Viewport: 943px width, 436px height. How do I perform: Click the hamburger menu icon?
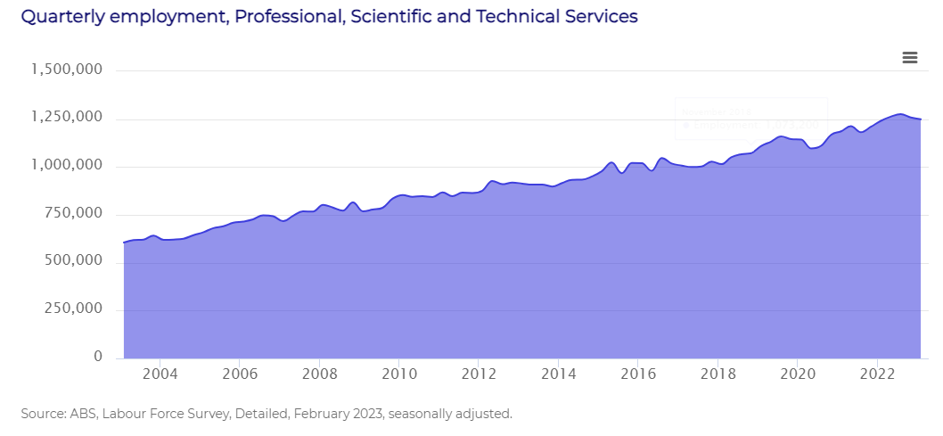(909, 58)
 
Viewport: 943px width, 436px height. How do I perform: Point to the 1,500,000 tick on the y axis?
(66, 70)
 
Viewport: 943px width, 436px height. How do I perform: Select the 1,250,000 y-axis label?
(66, 118)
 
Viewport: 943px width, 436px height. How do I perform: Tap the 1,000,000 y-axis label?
(66, 166)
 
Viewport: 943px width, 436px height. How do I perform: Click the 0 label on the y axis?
(98, 358)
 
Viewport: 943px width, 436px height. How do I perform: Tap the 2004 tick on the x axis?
(159, 374)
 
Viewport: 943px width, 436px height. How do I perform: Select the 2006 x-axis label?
(239, 374)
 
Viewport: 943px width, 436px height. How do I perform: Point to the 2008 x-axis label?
(319, 374)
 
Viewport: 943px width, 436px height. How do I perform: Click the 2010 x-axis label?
(398, 374)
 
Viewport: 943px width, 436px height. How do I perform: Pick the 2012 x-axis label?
(479, 374)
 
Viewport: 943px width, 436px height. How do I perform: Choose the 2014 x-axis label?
(558, 374)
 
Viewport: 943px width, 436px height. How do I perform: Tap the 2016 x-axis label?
(638, 374)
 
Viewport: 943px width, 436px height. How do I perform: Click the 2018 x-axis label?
(718, 374)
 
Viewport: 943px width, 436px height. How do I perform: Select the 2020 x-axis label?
(798, 374)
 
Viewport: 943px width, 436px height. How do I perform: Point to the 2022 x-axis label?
(878, 374)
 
